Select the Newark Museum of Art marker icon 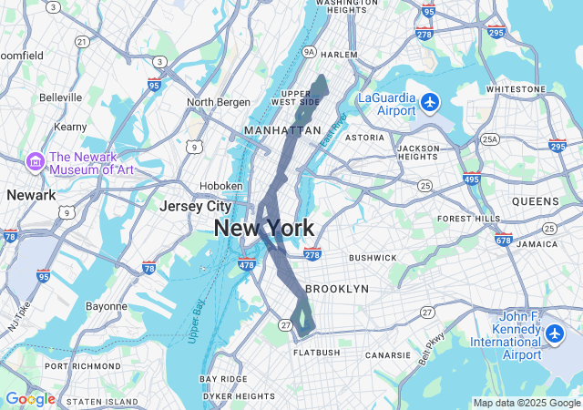(36, 161)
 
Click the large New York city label (264, 229)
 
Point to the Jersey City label (194, 207)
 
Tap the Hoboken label (221, 185)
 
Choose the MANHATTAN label (282, 130)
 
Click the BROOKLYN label (337, 289)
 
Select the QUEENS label (536, 201)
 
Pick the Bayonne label (107, 306)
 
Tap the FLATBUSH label (317, 353)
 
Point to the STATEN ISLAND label (103, 401)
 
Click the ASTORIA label (365, 138)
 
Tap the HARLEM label (340, 55)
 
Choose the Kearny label (70, 127)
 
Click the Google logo (30, 399)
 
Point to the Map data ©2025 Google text (527, 403)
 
